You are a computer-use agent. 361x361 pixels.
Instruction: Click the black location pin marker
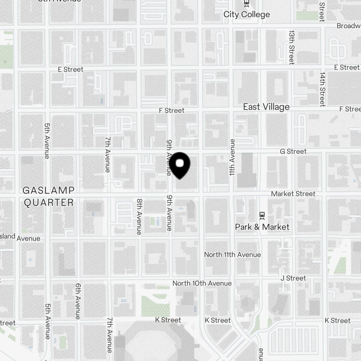pyautogui.click(x=180, y=165)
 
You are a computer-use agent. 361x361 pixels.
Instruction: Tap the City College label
pyautogui.click(x=247, y=14)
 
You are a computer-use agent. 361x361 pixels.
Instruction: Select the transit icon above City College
pyautogui.click(x=247, y=4)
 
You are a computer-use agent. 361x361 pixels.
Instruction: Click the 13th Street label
pyautogui.click(x=291, y=47)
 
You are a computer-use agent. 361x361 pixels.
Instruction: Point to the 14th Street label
pyautogui.click(x=322, y=89)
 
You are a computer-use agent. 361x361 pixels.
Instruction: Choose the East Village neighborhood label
pyautogui.click(x=266, y=107)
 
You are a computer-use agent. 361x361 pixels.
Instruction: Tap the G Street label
pyautogui.click(x=293, y=151)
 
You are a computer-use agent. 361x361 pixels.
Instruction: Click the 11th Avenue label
pyautogui.click(x=232, y=157)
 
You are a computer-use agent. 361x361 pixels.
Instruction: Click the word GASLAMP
pyautogui.click(x=48, y=190)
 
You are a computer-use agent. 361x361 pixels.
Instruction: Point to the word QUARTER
pyautogui.click(x=48, y=203)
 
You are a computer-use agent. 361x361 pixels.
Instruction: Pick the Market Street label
pyautogui.click(x=293, y=194)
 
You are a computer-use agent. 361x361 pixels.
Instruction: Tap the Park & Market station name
pyautogui.click(x=262, y=227)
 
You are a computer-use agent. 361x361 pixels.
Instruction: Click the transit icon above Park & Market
pyautogui.click(x=262, y=215)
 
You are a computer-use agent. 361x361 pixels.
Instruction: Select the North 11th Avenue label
pyautogui.click(x=232, y=255)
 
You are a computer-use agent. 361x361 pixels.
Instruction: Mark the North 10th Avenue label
pyautogui.click(x=202, y=283)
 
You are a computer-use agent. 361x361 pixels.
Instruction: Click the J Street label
pyautogui.click(x=293, y=278)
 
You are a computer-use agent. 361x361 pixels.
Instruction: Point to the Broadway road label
pyautogui.click(x=348, y=26)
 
